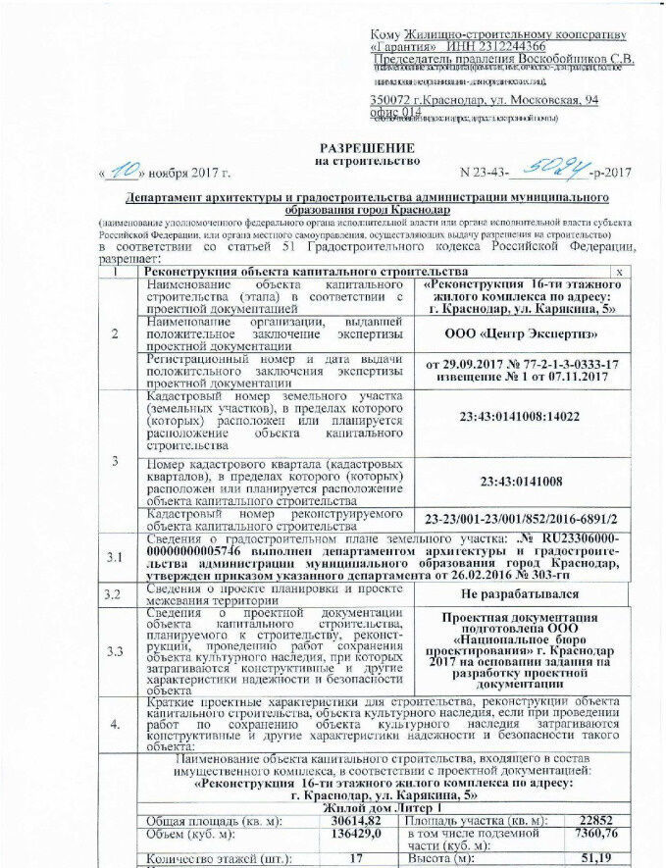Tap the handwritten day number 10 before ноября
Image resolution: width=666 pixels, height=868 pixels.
tap(124, 171)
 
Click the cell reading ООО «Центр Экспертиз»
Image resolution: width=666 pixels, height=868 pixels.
tap(521, 333)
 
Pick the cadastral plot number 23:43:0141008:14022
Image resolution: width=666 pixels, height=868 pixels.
tap(520, 417)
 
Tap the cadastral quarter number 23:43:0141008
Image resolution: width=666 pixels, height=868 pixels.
tap(520, 481)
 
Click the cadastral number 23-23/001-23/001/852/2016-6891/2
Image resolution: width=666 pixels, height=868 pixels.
tap(521, 517)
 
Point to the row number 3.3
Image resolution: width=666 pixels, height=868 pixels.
tap(116, 650)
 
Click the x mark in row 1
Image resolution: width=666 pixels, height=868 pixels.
tap(618, 271)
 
